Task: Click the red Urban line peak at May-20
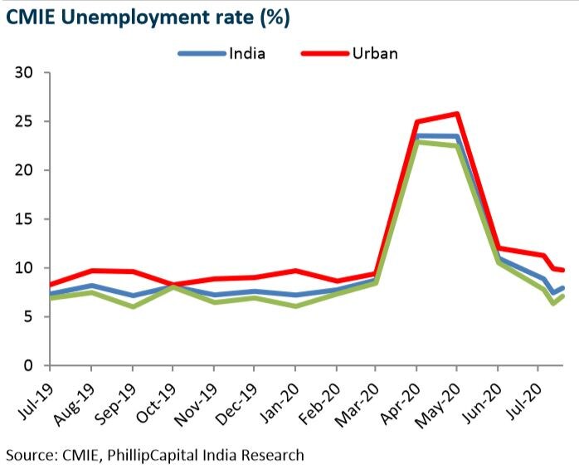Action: tap(457, 114)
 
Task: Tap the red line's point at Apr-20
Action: tap(416, 122)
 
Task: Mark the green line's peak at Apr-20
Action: tap(416, 142)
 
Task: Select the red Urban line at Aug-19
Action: tap(91, 271)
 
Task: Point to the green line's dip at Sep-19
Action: tap(132, 306)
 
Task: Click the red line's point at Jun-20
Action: tap(498, 247)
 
